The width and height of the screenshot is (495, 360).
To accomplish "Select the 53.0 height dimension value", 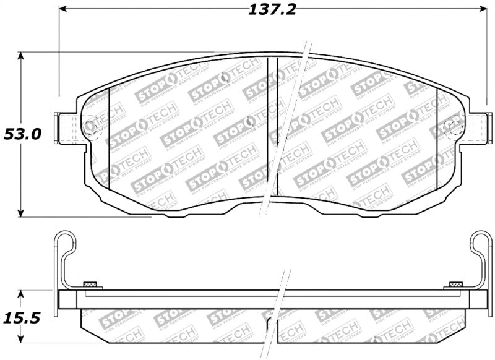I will point(22,134).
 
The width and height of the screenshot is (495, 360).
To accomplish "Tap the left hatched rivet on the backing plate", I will point(90,285).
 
